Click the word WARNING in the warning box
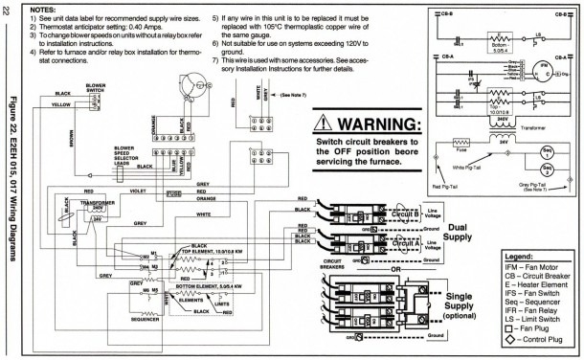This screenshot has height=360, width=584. coord(388,125)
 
